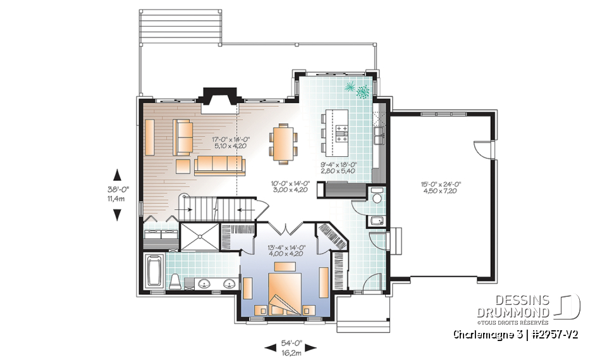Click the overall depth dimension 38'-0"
(x=117, y=188)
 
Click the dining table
(x=282, y=142)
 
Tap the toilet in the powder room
(x=377, y=197)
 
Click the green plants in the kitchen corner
(x=357, y=90)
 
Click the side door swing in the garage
(x=482, y=150)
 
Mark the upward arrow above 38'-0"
(x=117, y=174)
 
